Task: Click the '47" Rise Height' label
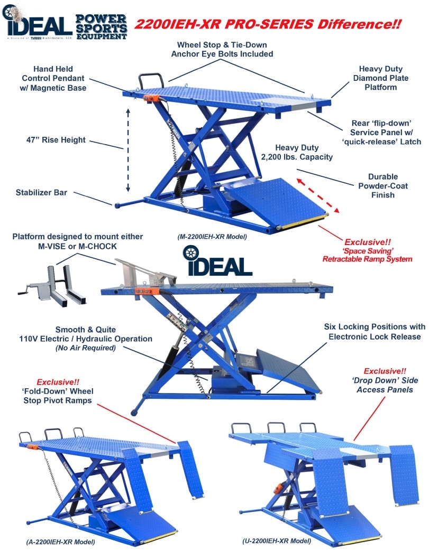point(56,141)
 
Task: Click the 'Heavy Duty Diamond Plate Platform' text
point(381,78)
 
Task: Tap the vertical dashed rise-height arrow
point(127,150)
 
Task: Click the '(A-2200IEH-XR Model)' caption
point(60,542)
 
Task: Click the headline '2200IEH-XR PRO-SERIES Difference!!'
point(268,24)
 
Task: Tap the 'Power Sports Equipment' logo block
point(101,26)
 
